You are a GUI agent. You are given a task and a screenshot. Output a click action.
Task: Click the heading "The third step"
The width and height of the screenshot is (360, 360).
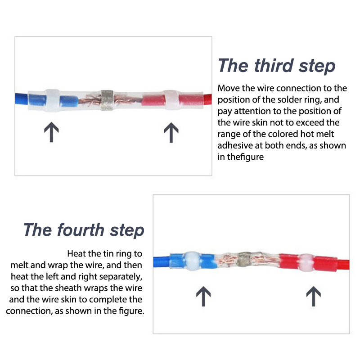click(276, 66)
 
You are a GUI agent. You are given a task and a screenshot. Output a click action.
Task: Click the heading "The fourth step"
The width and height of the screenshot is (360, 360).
click(84, 230)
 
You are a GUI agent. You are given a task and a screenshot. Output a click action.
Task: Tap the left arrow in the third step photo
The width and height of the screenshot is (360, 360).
click(51, 132)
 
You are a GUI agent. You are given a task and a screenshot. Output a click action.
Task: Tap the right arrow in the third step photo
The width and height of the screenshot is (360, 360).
click(171, 132)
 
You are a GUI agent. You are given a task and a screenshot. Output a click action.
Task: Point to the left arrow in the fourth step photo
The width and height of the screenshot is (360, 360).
click(203, 296)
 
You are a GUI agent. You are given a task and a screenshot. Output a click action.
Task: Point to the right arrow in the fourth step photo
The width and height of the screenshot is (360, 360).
click(314, 296)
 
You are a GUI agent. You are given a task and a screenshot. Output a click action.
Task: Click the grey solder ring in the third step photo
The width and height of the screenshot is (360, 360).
click(107, 100)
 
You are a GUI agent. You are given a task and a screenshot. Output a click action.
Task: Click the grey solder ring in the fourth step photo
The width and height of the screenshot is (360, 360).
click(244, 261)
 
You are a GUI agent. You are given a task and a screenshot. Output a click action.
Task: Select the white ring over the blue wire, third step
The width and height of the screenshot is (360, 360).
click(53, 100)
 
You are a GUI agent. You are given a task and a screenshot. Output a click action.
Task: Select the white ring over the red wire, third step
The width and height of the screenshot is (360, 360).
click(172, 100)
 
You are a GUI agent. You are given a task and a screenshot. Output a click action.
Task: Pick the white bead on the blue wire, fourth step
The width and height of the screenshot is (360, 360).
click(193, 261)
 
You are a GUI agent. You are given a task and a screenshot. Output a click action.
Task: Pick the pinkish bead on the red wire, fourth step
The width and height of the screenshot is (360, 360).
click(306, 262)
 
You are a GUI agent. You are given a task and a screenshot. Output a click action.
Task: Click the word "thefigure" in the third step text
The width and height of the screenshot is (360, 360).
click(245, 157)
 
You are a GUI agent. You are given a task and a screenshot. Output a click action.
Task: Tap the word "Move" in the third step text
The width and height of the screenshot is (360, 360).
click(229, 88)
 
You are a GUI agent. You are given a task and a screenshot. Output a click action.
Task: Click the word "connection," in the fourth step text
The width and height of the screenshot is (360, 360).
click(29, 311)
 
